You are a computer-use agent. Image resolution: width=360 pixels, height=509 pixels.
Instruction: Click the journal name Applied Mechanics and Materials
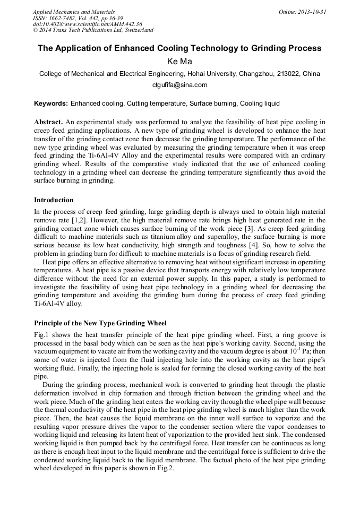(x=73, y=12)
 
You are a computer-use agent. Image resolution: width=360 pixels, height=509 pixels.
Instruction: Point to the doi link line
(x=87, y=24)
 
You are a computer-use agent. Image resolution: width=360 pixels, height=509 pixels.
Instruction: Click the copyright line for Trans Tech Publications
(x=93, y=30)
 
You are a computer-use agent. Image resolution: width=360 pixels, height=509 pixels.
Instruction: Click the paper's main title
(x=179, y=48)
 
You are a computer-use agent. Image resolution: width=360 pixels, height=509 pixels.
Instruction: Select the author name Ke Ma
(x=179, y=62)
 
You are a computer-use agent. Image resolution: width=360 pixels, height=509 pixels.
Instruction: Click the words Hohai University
(x=206, y=73)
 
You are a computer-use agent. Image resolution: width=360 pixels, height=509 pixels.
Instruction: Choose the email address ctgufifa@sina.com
(x=179, y=85)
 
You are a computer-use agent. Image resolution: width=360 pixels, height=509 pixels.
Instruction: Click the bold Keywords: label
(x=51, y=103)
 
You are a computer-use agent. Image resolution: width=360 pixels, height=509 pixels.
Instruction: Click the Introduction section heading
(x=54, y=200)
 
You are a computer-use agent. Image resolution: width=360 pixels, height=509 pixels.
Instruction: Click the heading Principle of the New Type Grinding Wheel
(x=100, y=323)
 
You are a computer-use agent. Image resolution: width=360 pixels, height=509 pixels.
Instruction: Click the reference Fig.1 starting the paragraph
(x=41, y=335)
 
